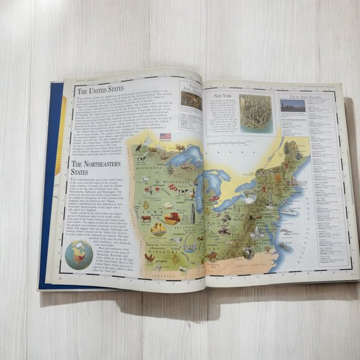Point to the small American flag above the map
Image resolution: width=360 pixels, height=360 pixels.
(x=165, y=136)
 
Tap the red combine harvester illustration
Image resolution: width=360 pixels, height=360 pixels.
(x=170, y=218)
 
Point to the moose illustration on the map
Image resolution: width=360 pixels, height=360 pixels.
(x=180, y=149)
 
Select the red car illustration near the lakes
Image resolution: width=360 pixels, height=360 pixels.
(x=215, y=200)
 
